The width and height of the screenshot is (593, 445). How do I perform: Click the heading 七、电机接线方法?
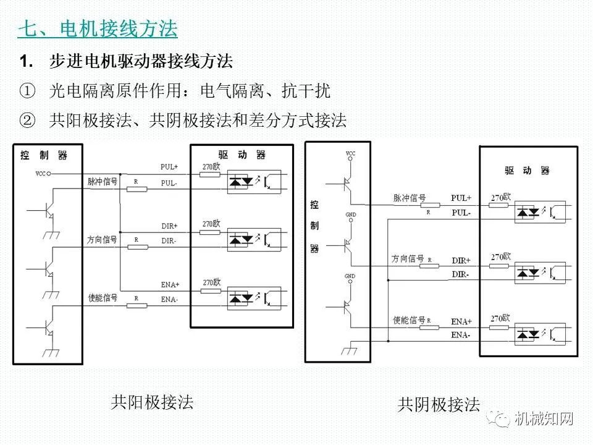coord(98,28)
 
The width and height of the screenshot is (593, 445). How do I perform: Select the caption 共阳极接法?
coord(152,402)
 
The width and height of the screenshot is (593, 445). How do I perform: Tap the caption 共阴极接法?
coord(439,405)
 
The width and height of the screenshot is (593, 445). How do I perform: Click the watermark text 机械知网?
coord(544,419)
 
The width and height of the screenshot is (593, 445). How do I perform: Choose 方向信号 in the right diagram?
coord(408,259)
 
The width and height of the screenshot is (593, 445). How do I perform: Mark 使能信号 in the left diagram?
coord(102,298)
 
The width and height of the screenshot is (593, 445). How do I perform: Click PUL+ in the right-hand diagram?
coord(461,198)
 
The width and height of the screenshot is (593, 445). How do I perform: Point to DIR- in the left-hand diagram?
coord(169,240)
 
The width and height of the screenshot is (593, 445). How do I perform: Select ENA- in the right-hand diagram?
coord(461,335)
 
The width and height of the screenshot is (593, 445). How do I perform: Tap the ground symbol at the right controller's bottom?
coord(350,351)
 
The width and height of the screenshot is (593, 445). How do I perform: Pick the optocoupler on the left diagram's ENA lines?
coord(254,297)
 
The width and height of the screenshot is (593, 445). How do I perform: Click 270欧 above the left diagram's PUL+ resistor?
coord(211,166)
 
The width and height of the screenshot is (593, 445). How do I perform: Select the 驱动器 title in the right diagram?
coord(527,171)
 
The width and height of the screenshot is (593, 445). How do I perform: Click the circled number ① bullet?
coord(28,91)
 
